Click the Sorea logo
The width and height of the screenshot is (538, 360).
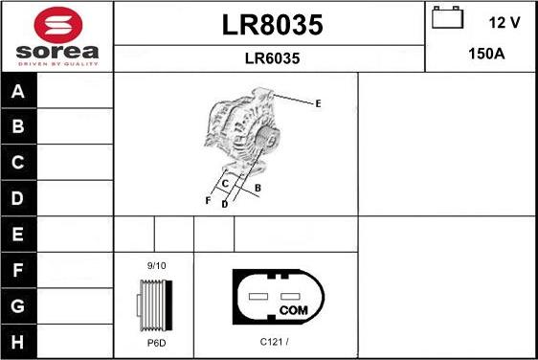tap(56, 35)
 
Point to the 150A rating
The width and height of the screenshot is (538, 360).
tap(485, 54)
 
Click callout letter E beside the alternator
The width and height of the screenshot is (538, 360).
tap(318, 102)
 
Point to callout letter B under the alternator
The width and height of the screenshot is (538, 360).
tap(258, 188)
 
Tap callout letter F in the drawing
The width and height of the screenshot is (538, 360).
tap(207, 200)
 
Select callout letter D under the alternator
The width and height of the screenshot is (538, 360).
tap(224, 204)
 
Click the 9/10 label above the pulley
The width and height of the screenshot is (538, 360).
tap(156, 265)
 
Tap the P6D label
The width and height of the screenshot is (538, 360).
tap(155, 341)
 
